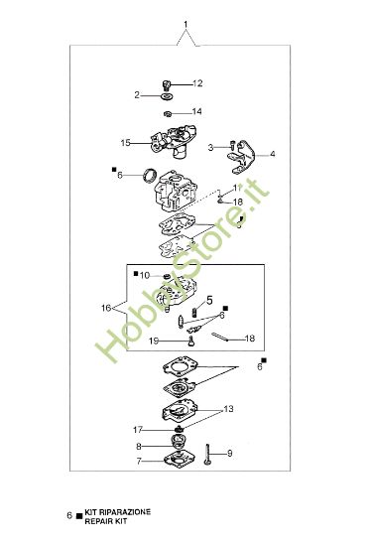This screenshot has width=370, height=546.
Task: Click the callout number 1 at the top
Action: tap(185, 21)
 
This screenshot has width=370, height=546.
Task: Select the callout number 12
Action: tap(196, 82)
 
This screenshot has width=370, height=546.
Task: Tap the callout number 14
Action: tap(196, 111)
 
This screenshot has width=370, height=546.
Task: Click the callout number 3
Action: tap(210, 147)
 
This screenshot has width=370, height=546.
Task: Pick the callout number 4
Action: tap(273, 154)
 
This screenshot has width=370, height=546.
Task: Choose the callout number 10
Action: tap(144, 275)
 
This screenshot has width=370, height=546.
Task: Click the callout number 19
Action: tap(154, 341)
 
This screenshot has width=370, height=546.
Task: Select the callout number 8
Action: tap(139, 447)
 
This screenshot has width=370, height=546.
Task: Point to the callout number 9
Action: tap(229, 454)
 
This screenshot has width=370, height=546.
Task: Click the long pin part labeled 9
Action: tap(210, 454)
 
